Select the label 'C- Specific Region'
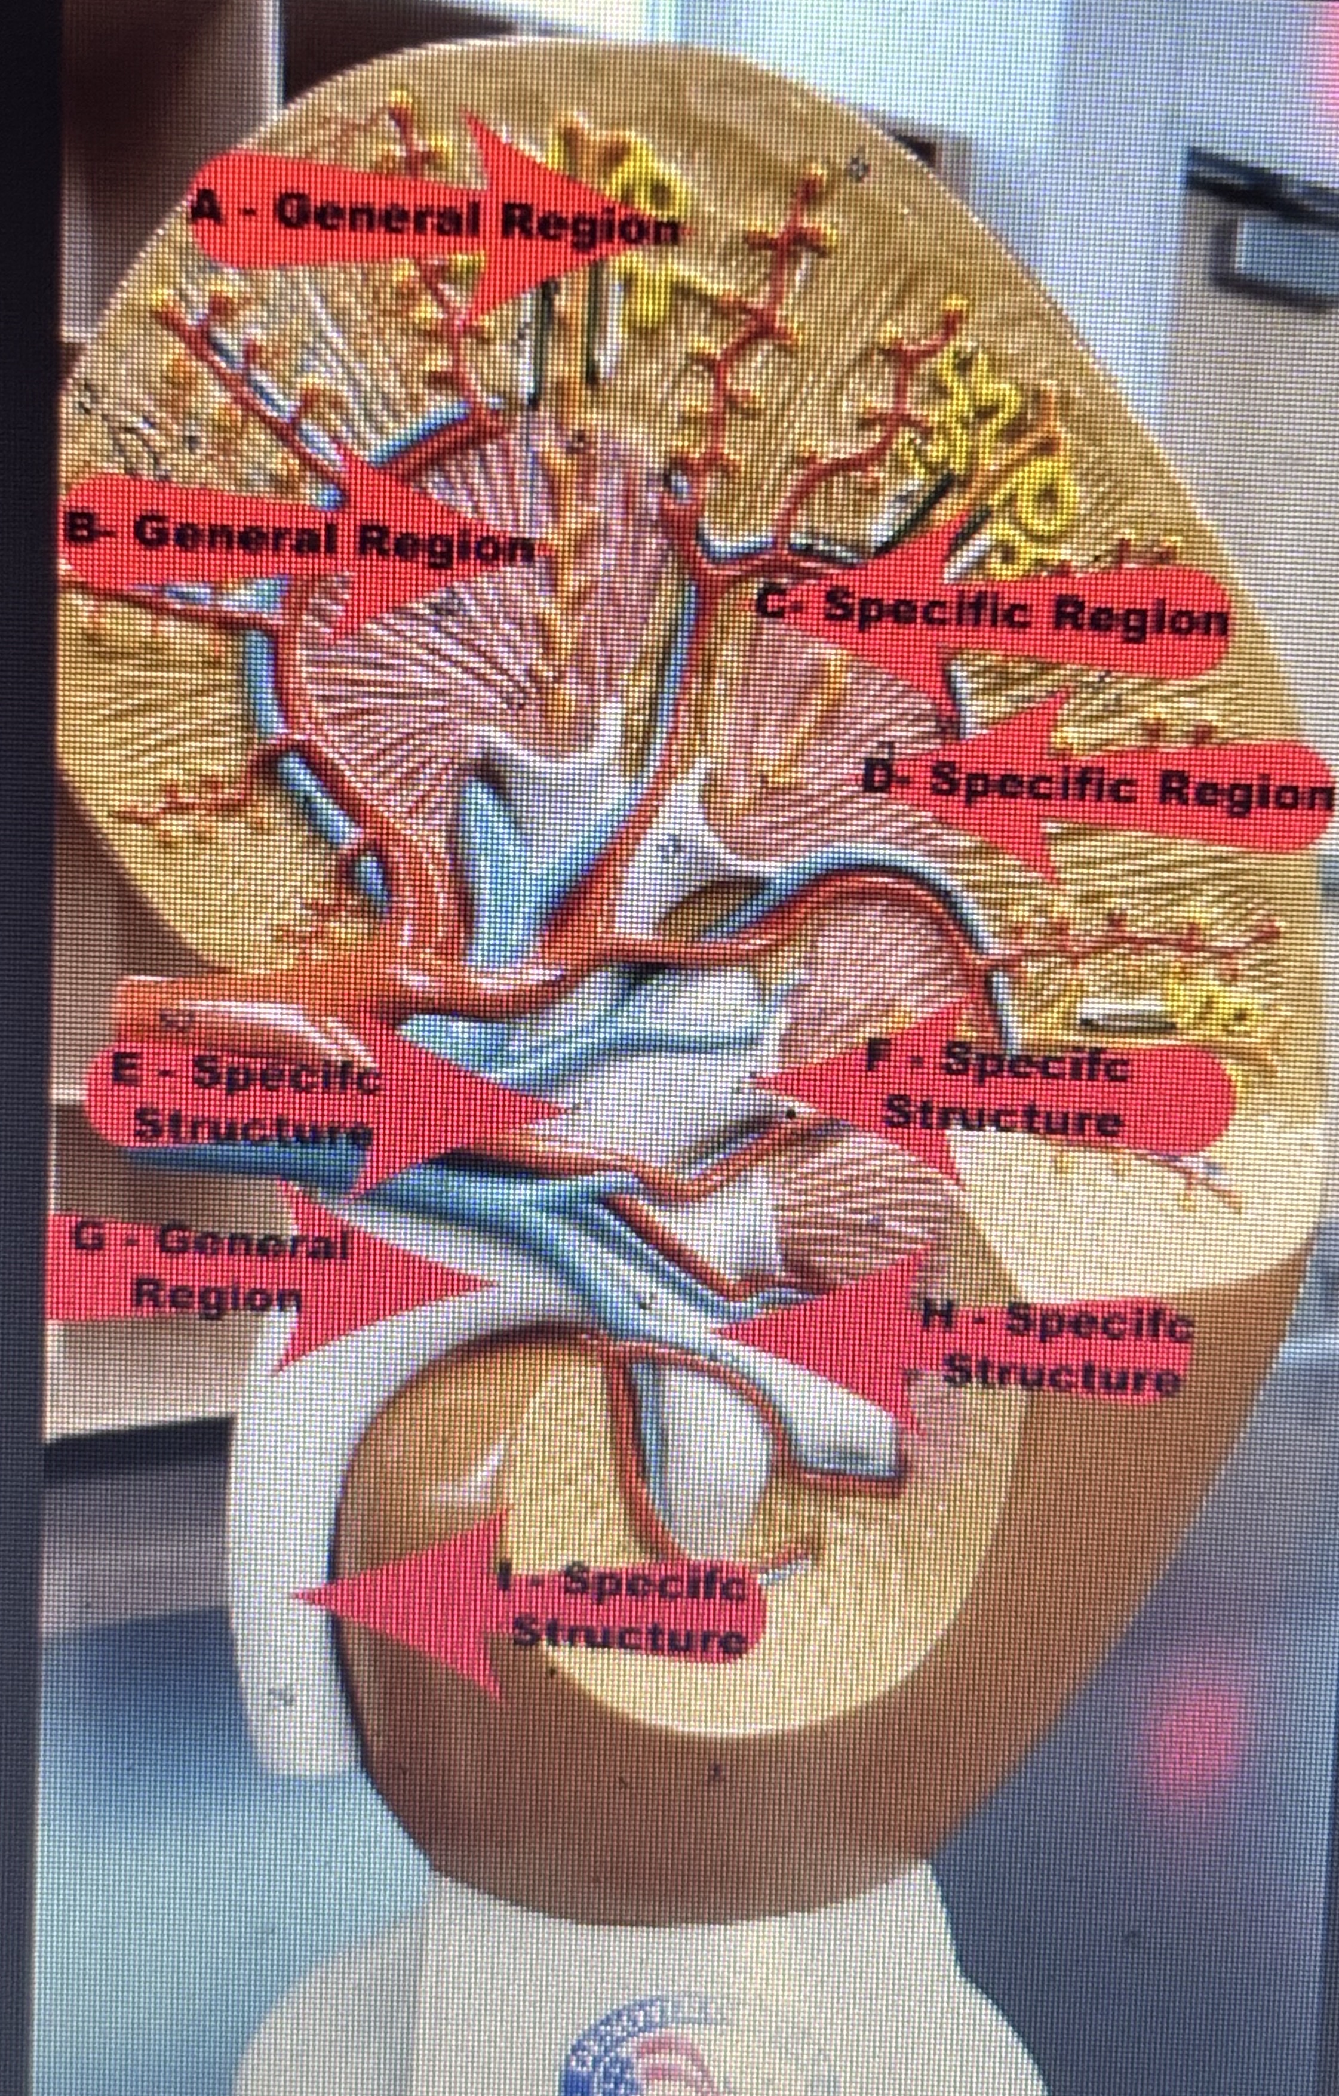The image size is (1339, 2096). tap(993, 612)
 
